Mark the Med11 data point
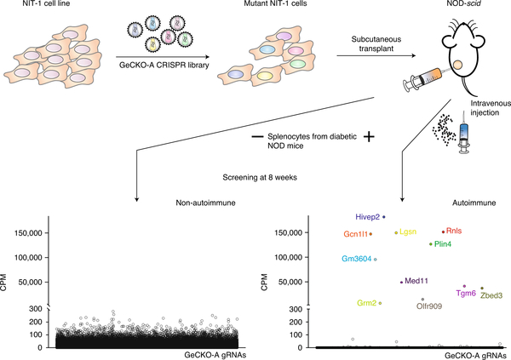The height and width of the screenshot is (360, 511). click(x=401, y=282)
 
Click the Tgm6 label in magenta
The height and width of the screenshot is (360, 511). click(x=466, y=294)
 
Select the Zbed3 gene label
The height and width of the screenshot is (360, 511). click(x=491, y=295)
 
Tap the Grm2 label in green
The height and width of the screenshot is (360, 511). click(x=366, y=303)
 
